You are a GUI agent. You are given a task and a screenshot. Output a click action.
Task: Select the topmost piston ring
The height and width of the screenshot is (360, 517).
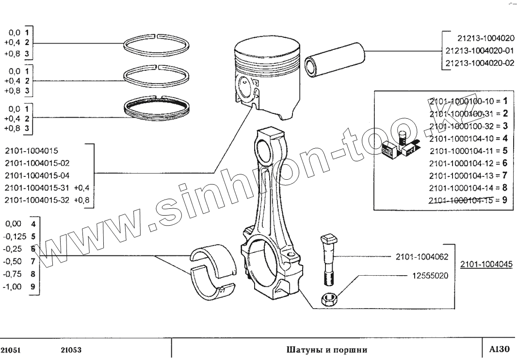point(156,45)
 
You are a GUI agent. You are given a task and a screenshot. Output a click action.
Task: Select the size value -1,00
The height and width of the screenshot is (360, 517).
point(14,286)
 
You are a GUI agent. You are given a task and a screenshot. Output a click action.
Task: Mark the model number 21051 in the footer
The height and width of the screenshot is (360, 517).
point(12,350)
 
